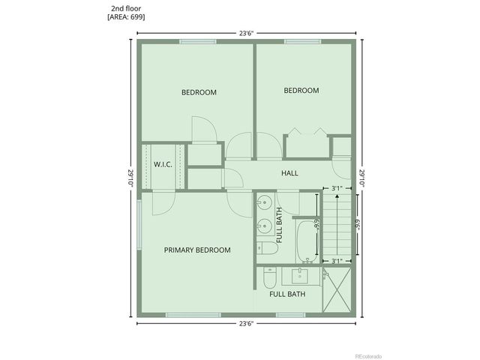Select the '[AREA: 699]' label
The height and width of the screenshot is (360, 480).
(124, 16)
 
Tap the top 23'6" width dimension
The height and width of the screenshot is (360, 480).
(246, 32)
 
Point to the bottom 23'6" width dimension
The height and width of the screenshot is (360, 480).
(246, 323)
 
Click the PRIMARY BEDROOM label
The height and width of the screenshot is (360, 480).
(197, 250)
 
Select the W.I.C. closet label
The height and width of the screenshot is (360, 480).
(163, 164)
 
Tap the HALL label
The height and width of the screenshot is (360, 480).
(289, 173)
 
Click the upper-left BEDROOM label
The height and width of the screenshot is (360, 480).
(199, 92)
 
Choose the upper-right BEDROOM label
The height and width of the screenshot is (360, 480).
(301, 91)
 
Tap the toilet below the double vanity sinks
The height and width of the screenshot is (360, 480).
(264, 247)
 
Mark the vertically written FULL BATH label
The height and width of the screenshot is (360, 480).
(279, 224)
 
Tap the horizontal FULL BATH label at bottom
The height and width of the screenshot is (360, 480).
(286, 294)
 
